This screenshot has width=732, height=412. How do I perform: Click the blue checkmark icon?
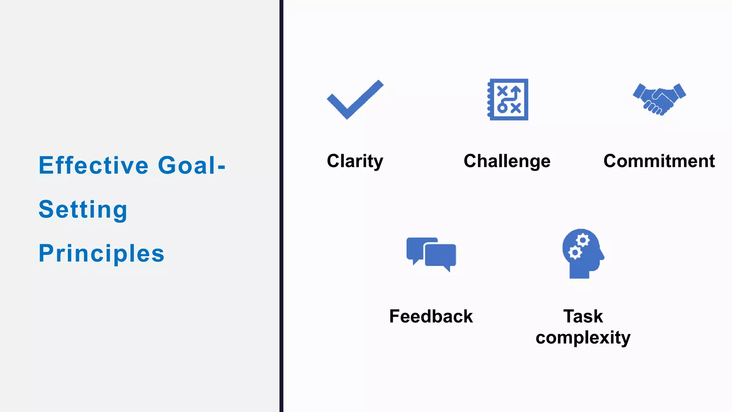point(355,100)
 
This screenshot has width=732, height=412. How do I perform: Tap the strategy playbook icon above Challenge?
point(508,99)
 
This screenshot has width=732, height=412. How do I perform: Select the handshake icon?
point(659,99)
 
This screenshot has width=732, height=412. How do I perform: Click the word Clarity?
point(355,161)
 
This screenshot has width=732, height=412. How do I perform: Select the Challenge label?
point(507,161)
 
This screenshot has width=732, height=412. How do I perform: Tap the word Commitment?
point(659,161)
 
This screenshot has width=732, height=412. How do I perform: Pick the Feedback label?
point(431,316)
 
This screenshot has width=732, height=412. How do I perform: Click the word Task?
point(583,316)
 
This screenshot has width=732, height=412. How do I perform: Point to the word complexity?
point(583,338)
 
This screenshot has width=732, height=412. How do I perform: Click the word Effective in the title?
point(94,165)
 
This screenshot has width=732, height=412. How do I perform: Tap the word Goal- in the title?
point(192,165)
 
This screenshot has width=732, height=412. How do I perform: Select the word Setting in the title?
point(83,210)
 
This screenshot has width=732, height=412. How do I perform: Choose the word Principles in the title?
point(102,253)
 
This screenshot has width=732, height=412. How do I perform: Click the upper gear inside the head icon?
point(583,240)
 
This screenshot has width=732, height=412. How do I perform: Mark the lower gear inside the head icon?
point(575,253)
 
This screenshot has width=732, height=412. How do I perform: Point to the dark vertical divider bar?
point(281,206)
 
